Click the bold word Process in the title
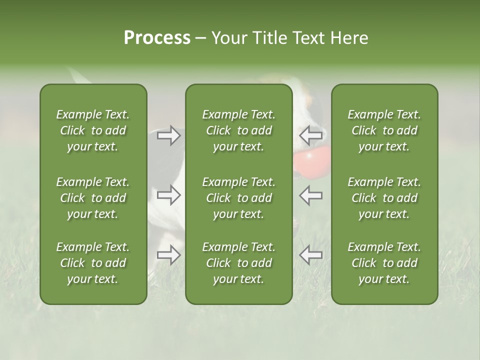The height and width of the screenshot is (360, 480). (x=157, y=38)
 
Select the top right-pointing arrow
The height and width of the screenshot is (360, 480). (x=169, y=135)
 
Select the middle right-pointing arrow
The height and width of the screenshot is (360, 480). (x=169, y=195)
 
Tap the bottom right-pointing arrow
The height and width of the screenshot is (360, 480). (x=169, y=255)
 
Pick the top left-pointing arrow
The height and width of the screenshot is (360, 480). (x=310, y=135)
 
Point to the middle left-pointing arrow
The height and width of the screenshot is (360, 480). (x=310, y=195)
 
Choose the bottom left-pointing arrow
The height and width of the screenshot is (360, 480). (x=310, y=255)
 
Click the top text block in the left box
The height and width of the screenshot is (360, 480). (x=93, y=130)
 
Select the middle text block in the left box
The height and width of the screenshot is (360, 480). (x=93, y=198)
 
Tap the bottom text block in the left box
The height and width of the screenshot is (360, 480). (x=93, y=263)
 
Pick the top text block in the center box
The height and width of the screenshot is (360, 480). (x=238, y=130)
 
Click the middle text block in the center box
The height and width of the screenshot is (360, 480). (x=238, y=198)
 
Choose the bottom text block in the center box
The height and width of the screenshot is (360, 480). (x=238, y=263)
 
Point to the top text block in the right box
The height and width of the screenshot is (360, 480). (x=384, y=130)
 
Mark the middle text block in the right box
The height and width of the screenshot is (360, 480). (x=384, y=198)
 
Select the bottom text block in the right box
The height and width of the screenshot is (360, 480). (x=384, y=263)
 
